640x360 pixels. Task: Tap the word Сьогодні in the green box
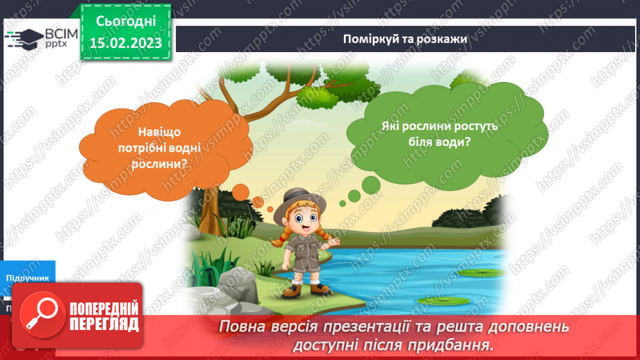point(126,21)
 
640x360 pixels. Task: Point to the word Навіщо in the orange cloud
point(162,132)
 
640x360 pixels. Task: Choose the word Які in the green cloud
point(391,127)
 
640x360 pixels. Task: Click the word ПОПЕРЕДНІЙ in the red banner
point(103,309)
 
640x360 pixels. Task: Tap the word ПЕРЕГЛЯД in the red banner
point(103,324)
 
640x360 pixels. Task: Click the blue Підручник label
point(28,277)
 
